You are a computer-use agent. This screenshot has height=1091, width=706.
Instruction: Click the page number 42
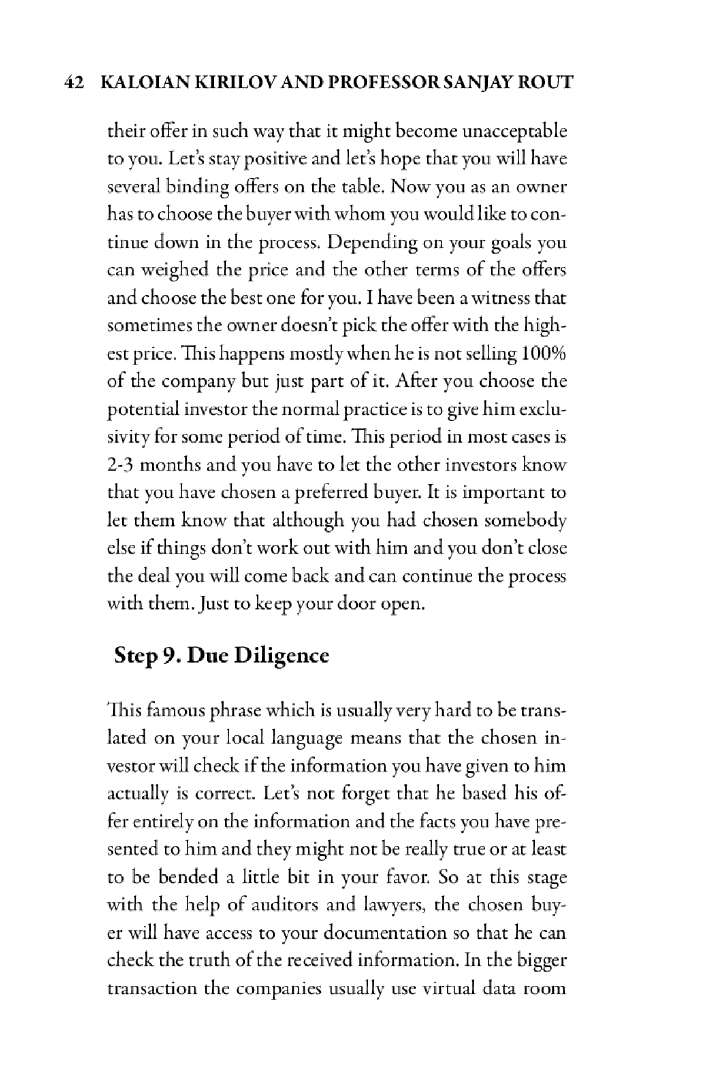pyautogui.click(x=74, y=82)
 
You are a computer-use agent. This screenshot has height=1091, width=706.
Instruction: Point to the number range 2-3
pyautogui.click(x=121, y=465)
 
